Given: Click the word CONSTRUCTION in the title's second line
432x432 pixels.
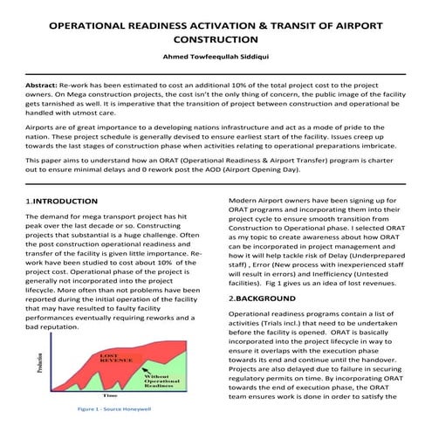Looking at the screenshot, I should [x=216, y=39].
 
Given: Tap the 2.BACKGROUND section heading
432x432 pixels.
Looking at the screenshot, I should [x=262, y=298].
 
